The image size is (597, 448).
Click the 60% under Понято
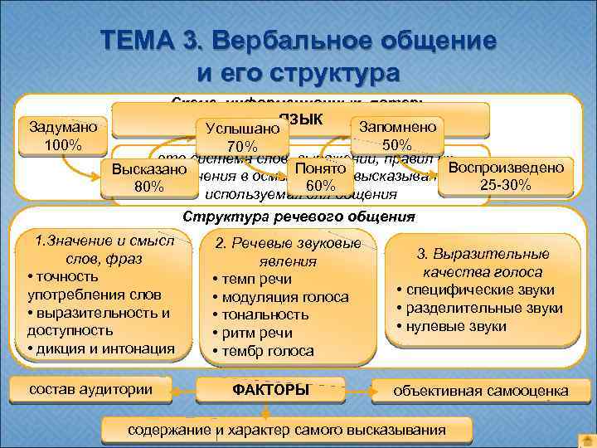319,184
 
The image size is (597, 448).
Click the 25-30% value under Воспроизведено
506,183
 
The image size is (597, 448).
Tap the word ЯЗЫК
306,119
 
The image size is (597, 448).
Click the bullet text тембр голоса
268,350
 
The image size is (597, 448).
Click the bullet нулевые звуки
456,326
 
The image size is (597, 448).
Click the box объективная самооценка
481,391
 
